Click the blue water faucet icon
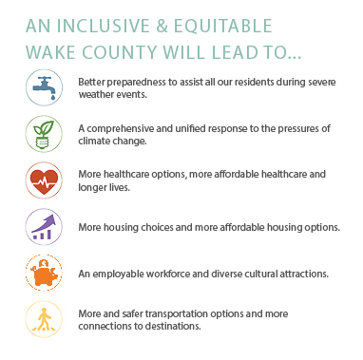pos(44,87)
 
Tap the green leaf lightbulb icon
pos(44,134)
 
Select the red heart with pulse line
pos(44,180)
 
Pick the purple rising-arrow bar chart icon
pos(44,227)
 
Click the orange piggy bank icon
pos(44,273)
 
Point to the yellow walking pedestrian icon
pos(44,319)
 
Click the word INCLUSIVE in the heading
pos(104,26)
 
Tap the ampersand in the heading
pos(162,27)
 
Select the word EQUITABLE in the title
pos(223,26)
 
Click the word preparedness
pos(138,83)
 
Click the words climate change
pos(112,142)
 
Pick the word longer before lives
pos(93,188)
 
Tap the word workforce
pos(168,274)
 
